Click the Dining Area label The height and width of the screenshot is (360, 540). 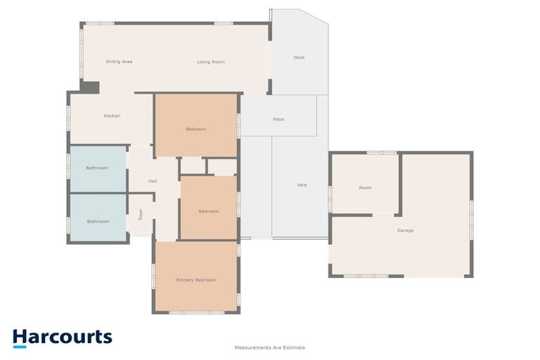pos(120,62)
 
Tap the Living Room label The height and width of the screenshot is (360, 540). pos(210,62)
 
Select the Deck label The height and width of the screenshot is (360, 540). pos(299,58)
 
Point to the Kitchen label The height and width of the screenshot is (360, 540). pos(112,116)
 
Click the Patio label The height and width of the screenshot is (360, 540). pos(278,119)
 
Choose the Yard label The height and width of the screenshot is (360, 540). pos(301,185)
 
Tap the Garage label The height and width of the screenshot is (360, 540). pos(405,231)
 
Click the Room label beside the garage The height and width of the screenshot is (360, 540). pos(365,188)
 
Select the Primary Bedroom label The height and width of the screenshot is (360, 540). pos(195,280)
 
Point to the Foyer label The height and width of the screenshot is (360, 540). pos(141,213)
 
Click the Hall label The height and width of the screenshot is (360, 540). pos(153,181)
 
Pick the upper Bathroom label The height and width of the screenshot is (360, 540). pos(97,168)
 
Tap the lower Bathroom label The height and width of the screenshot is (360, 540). pos(98,221)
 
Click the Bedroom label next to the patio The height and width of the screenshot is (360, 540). pos(195,129)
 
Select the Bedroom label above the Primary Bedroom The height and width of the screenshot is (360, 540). pos(208,211)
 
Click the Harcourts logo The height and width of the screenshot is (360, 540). pos(62,337)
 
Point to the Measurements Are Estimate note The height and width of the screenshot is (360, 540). pos(270,347)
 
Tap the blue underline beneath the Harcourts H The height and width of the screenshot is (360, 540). pos(20,346)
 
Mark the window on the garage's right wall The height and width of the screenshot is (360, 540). pos(472,214)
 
